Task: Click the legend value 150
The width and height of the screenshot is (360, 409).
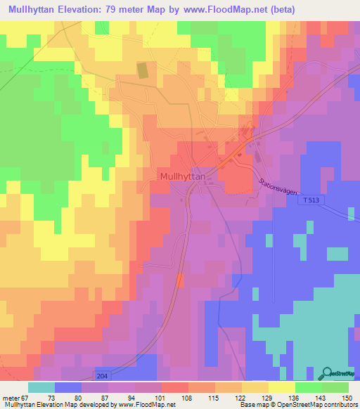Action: point(347,398)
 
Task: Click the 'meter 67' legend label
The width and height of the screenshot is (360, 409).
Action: point(15,398)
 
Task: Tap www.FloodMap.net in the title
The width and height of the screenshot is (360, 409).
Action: point(238,10)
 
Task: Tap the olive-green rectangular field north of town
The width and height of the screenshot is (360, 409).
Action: point(142,70)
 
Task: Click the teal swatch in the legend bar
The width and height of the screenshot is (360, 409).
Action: point(41,387)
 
